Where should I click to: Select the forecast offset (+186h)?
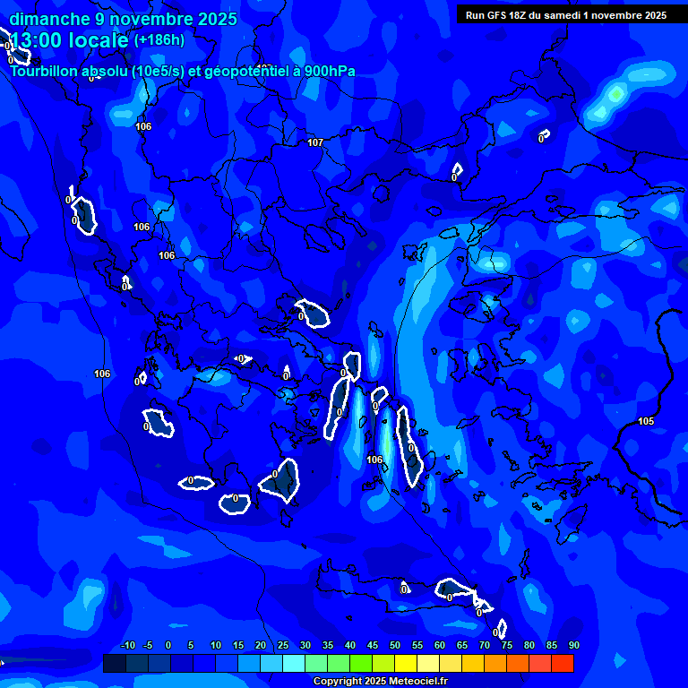pyautogui.click(x=159, y=40)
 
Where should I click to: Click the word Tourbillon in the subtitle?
pyautogui.click(x=45, y=71)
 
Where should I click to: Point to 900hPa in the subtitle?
pyautogui.click(x=329, y=71)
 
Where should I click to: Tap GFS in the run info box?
pyautogui.click(x=497, y=15)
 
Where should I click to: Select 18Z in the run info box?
pyautogui.click(x=521, y=15)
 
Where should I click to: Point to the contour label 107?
pyautogui.click(x=314, y=142)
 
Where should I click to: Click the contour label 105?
pyautogui.click(x=646, y=421)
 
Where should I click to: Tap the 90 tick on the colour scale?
pyautogui.click(x=573, y=645)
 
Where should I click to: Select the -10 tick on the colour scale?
pyautogui.click(x=127, y=645)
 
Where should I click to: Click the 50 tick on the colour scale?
pyautogui.click(x=395, y=645)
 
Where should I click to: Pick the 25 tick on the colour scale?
pyautogui.click(x=282, y=645)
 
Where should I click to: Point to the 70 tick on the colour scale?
pyautogui.click(x=485, y=645)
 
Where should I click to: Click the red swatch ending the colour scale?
pyautogui.click(x=563, y=663)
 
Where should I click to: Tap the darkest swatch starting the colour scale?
pyautogui.click(x=114, y=663)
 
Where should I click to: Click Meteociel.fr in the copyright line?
pyautogui.click(x=417, y=682)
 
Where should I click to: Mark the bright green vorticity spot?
pyautogui.click(x=615, y=92)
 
